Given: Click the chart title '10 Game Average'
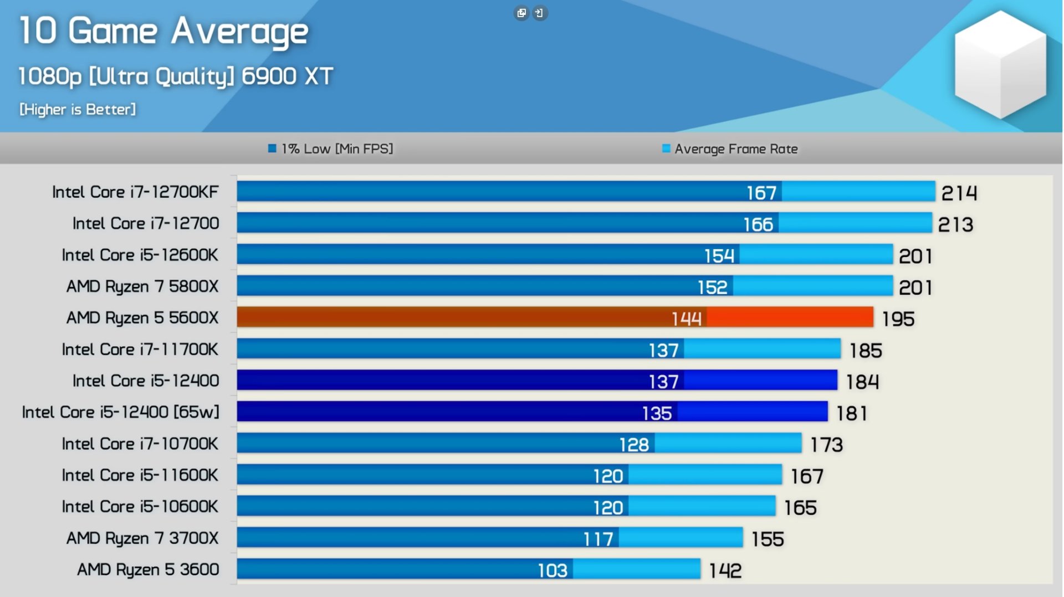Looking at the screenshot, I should tap(163, 31).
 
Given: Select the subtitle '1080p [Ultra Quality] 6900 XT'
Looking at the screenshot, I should tap(176, 76).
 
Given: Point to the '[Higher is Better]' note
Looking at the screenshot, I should tap(78, 110).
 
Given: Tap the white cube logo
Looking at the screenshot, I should tap(1000, 64).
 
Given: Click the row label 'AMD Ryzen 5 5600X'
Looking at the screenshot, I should tap(142, 318).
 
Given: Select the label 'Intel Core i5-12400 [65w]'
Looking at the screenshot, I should tap(121, 412).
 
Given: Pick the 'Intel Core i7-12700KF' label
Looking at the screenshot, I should tap(135, 192).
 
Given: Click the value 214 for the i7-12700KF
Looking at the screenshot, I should tap(959, 193).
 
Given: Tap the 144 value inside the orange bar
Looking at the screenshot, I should tap(686, 319).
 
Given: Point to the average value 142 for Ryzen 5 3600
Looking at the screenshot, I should tap(725, 571).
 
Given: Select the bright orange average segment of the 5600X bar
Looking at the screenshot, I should tap(790, 318).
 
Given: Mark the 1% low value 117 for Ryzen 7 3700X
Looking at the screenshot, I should tap(598, 539).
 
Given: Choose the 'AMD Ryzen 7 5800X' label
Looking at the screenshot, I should tap(142, 286).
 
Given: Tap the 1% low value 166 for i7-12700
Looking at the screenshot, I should tap(758, 225).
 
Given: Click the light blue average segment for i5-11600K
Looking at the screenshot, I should tap(705, 475).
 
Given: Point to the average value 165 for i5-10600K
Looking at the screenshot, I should tap(800, 508).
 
